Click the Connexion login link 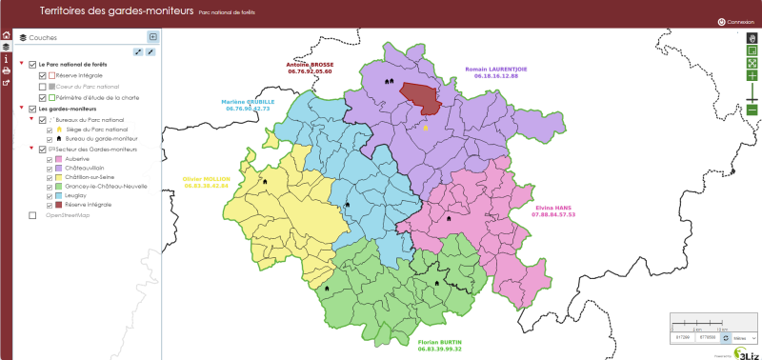click(x=739, y=21)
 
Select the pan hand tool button click(x=752, y=38)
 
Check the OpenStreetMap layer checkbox click(x=33, y=215)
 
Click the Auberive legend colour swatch click(x=58, y=160)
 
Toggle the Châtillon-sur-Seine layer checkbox click(x=49, y=177)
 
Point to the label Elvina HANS click(x=553, y=208)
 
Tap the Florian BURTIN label click(x=439, y=342)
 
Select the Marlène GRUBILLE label click(x=248, y=102)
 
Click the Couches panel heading click(x=43, y=38)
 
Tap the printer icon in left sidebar click(x=6, y=70)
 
